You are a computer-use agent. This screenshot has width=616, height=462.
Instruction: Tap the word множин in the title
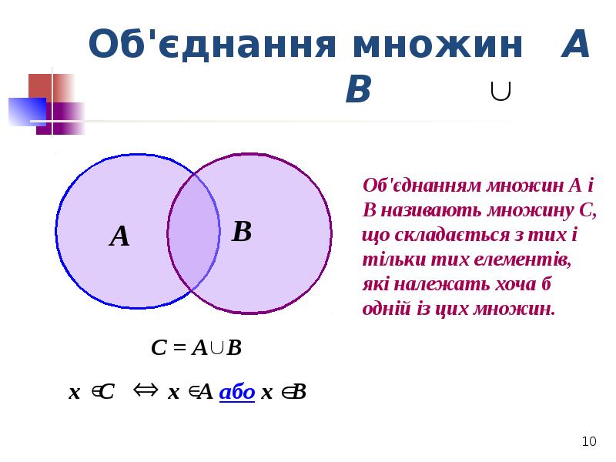click(438, 45)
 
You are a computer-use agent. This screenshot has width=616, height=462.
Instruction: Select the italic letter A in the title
click(575, 45)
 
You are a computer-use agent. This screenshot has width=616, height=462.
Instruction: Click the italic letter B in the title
click(358, 91)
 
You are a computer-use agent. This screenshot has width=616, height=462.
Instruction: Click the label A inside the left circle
click(119, 236)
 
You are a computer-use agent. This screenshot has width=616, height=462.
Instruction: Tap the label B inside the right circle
click(242, 231)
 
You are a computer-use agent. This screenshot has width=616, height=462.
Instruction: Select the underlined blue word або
click(237, 393)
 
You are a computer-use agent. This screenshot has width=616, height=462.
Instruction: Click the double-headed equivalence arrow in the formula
click(146, 390)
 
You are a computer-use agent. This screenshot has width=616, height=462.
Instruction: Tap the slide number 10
click(589, 441)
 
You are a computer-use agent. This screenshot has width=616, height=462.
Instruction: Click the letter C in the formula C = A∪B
click(159, 348)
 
